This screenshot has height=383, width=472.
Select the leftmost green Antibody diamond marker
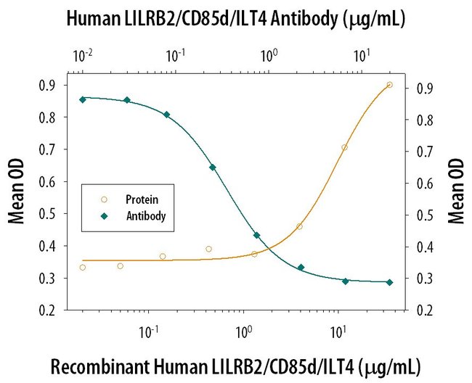82,99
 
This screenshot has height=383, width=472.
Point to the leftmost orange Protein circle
82,268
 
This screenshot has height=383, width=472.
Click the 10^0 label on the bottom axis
243,332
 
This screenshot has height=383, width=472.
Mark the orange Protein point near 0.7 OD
344,147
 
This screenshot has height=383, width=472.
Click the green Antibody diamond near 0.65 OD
213,168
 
